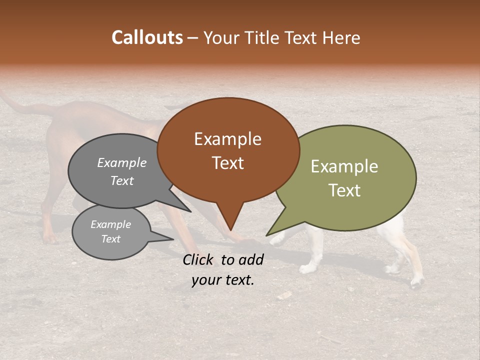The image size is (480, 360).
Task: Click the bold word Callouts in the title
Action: [147, 37]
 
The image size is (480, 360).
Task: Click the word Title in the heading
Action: [261, 37]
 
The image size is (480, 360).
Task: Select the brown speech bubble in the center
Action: [228, 150]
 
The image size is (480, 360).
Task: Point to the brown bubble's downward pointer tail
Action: [230, 220]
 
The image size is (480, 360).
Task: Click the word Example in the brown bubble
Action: [228, 139]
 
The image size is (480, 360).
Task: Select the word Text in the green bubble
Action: [345, 190]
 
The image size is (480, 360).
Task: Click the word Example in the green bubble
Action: [344, 166]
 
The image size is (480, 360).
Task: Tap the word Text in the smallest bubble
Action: [111, 239]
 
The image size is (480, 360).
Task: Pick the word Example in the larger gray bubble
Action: [122, 162]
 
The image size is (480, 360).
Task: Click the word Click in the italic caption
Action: [198, 259]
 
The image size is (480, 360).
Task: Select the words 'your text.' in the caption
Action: [223, 280]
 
